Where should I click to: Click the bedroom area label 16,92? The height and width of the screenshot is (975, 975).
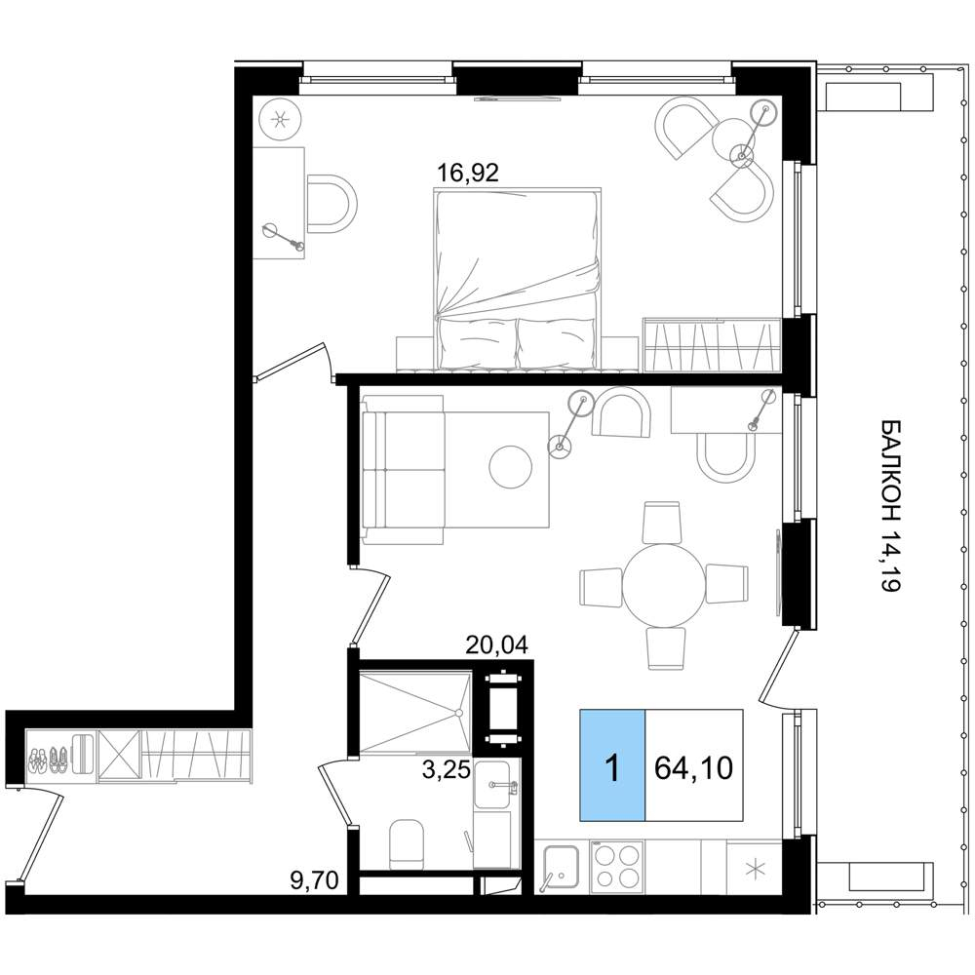tap(468, 173)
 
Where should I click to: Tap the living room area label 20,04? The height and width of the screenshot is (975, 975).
tap(497, 645)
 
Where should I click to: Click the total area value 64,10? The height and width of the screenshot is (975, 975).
tap(694, 768)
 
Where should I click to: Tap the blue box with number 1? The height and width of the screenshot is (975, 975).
tap(613, 765)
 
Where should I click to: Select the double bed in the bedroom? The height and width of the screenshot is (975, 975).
tap(517, 280)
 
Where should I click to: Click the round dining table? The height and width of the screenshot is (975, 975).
tap(664, 585)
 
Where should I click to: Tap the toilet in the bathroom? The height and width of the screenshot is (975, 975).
tap(406, 844)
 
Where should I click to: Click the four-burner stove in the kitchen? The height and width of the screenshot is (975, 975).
tap(617, 866)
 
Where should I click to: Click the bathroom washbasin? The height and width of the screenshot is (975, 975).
tap(492, 786)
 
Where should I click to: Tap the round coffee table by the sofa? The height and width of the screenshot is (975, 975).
tap(511, 467)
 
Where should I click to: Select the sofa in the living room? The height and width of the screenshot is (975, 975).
tap(403, 471)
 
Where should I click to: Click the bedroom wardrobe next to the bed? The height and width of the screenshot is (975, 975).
tap(712, 345)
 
